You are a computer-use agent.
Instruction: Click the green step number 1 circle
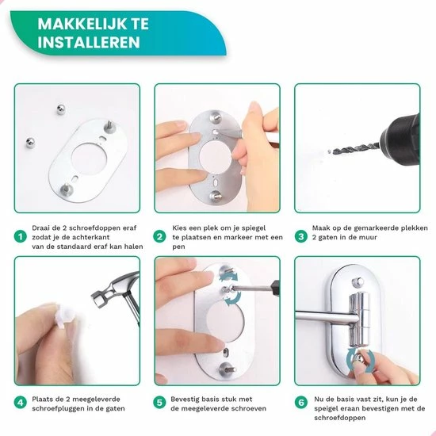20,236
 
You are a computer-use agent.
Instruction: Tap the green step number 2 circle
159,236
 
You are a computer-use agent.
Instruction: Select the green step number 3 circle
300,236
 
